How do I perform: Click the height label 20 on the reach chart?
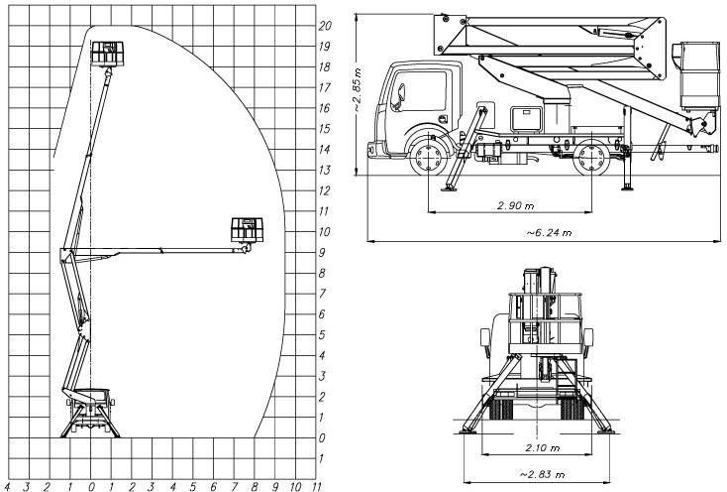(325, 26)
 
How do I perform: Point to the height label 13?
(325, 170)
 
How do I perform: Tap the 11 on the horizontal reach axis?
(317, 486)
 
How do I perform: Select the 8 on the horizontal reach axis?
(255, 486)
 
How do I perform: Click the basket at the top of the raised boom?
(107, 53)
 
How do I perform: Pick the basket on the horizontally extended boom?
(248, 229)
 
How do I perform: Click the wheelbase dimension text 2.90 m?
(515, 205)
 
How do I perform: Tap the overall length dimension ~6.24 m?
(549, 232)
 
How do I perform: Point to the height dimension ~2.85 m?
(358, 89)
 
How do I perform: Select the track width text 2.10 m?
(543, 448)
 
